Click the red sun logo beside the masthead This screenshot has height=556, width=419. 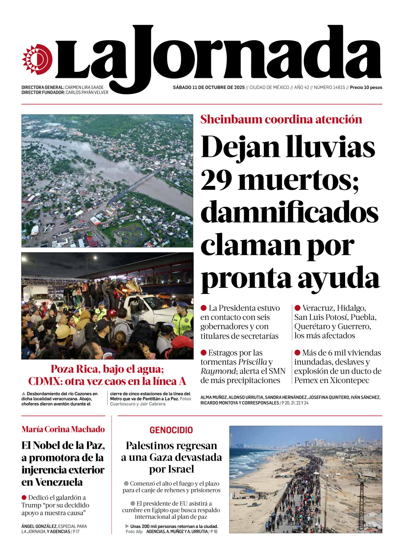click(37, 59)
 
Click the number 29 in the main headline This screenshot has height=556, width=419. click(216, 180)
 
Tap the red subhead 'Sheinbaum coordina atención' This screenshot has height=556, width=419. click(281, 119)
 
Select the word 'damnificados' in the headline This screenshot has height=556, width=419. click(289, 213)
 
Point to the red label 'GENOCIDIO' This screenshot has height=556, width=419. click(171, 430)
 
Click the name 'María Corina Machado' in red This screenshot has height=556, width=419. click(63, 429)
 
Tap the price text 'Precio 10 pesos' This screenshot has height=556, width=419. click(366, 88)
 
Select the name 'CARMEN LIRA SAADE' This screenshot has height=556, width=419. click(84, 88)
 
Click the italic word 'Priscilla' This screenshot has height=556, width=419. click(252, 362)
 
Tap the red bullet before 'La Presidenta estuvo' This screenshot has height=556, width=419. click(204, 308)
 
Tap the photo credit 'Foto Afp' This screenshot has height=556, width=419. click(134, 531)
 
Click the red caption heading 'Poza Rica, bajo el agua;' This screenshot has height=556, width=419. click(107, 369)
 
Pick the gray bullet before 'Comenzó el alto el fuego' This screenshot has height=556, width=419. click(126, 484)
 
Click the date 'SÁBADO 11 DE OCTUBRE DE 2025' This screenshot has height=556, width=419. click(209, 88)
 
